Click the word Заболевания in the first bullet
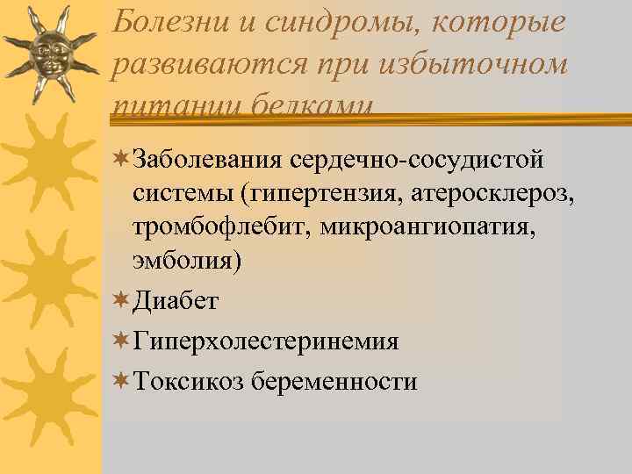point(206,161)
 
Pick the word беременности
point(334,382)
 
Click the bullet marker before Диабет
point(122,300)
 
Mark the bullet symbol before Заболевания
point(122,160)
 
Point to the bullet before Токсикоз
point(122,381)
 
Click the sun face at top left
point(48,53)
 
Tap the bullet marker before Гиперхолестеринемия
point(122,341)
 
